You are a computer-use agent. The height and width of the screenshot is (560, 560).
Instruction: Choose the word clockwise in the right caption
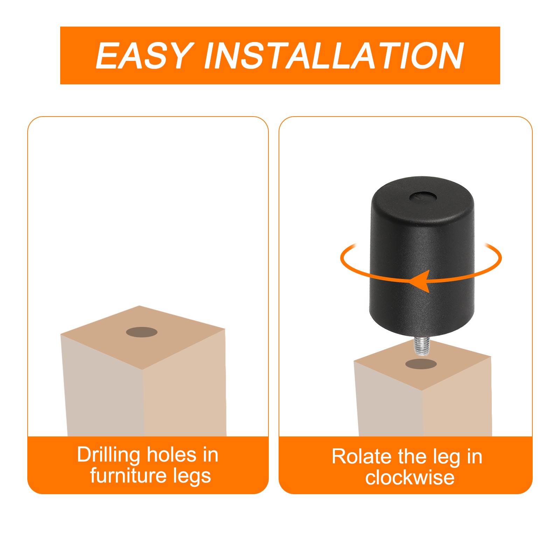(410, 477)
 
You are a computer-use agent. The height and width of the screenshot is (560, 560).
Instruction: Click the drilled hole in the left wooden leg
(142, 332)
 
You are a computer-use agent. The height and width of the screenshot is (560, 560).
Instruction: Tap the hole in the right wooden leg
(421, 364)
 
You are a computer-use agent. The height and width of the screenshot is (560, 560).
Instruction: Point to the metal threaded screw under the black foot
(423, 346)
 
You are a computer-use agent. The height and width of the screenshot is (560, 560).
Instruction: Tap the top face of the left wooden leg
(143, 337)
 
